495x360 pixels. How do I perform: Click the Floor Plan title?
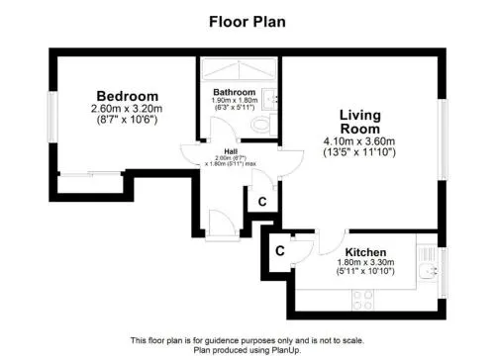pyautogui.click(x=247, y=22)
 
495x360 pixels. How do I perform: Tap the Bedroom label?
pyautogui.click(x=128, y=96)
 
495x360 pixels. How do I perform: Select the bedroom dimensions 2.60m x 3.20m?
pyautogui.click(x=127, y=108)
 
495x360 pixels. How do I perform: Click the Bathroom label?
pyautogui.click(x=234, y=92)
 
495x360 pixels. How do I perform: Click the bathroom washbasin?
pyautogui.click(x=269, y=99)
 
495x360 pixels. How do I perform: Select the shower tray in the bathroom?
pyautogui.click(x=239, y=69)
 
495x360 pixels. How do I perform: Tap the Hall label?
pyautogui.click(x=231, y=151)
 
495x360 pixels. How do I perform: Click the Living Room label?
pyautogui.click(x=360, y=122)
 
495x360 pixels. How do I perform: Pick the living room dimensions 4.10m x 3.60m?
pyautogui.click(x=359, y=141)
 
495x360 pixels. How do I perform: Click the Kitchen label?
pyautogui.click(x=365, y=252)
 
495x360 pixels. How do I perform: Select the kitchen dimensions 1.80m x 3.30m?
pyautogui.click(x=365, y=262)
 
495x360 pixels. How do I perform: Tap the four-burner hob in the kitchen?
pyautogui.click(x=362, y=300)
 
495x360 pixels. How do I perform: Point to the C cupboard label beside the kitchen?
pyautogui.click(x=280, y=251)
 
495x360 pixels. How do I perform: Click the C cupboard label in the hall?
pyautogui.click(x=262, y=202)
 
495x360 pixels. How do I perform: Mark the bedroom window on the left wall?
pyautogui.click(x=52, y=117)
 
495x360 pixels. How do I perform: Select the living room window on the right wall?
pyautogui.click(x=443, y=139)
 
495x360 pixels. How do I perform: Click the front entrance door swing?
pyautogui.click(x=222, y=223)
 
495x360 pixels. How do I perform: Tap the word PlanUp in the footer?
pyautogui.click(x=287, y=350)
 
